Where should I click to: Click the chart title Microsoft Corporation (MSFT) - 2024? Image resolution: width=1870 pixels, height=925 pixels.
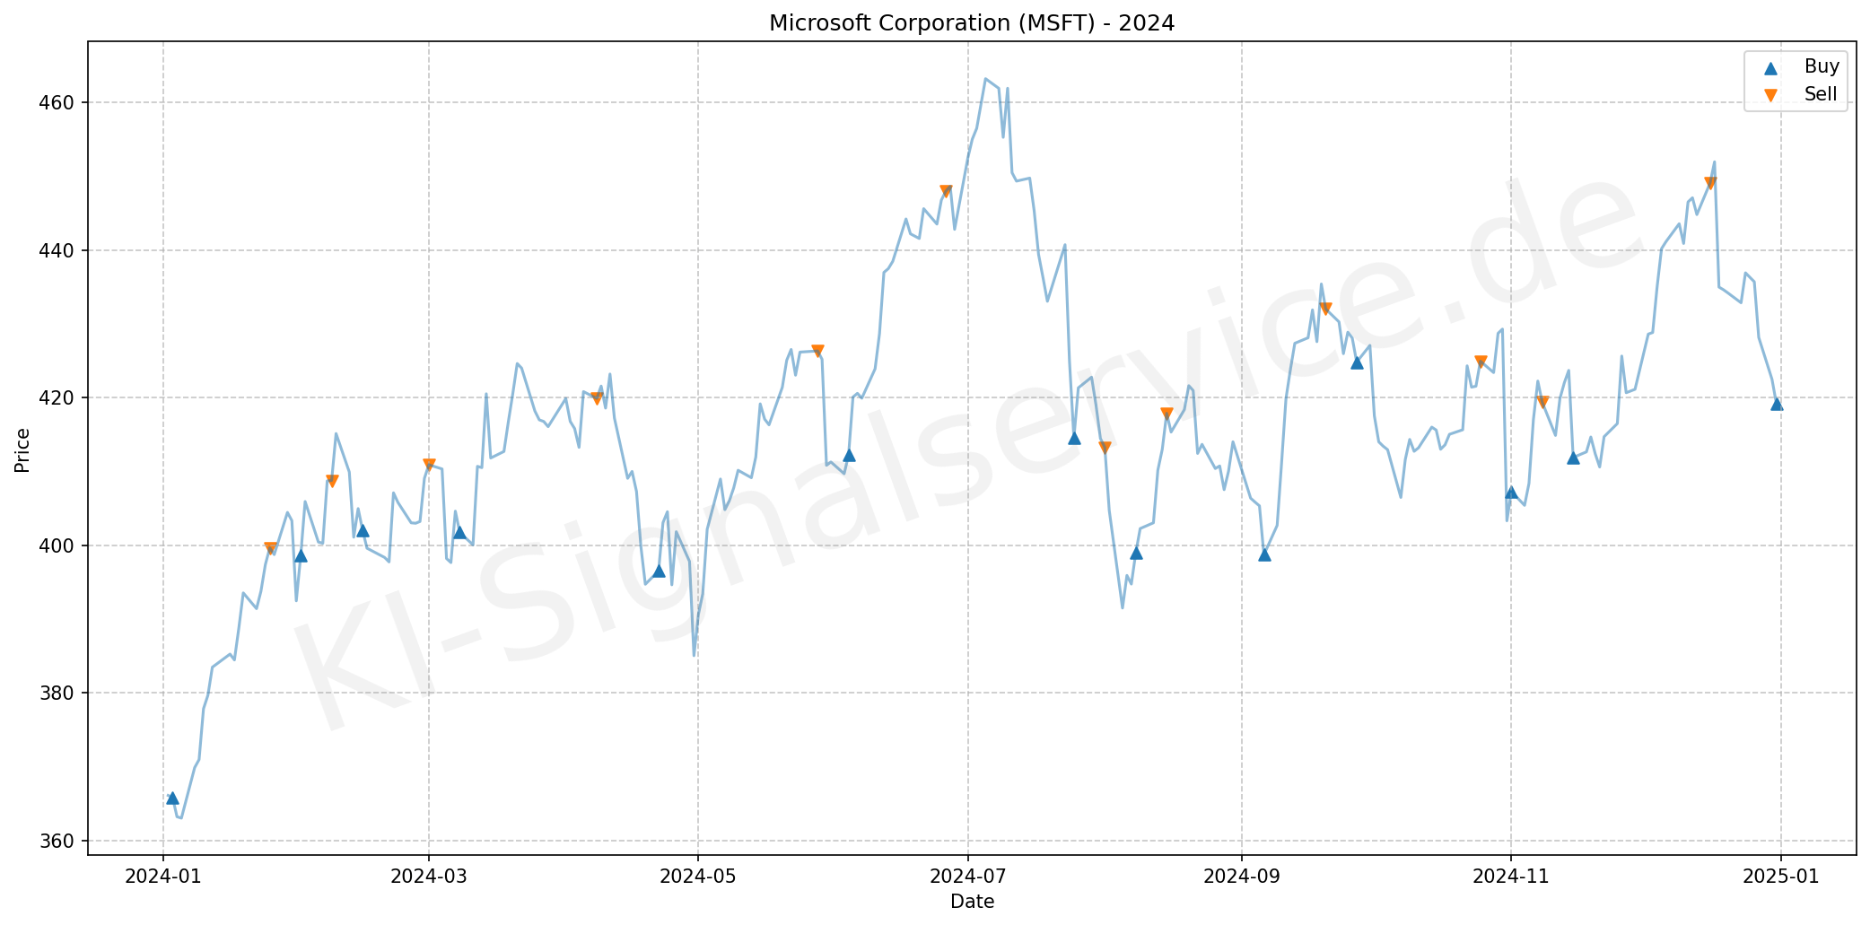(x=972, y=23)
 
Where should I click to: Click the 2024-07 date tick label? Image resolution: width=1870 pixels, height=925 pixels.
(x=968, y=877)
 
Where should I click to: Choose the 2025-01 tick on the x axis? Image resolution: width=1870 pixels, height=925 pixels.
(x=1781, y=877)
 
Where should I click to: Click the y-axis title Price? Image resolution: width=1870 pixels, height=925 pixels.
(x=23, y=449)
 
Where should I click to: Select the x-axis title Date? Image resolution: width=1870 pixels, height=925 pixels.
(x=972, y=902)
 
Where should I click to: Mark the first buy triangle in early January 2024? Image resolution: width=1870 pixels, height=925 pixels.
(x=172, y=798)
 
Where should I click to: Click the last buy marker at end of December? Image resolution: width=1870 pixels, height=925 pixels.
(x=1777, y=404)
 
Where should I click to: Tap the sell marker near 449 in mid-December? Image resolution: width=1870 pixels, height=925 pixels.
(x=1709, y=183)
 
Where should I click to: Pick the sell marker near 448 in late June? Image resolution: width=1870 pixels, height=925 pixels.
(x=945, y=191)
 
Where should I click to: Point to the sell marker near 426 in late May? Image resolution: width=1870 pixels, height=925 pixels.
(x=817, y=351)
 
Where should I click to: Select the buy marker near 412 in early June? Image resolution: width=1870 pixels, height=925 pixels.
(x=849, y=455)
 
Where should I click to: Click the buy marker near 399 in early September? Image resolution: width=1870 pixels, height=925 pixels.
(x=1264, y=554)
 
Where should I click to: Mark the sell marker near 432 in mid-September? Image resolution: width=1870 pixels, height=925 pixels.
(x=1325, y=309)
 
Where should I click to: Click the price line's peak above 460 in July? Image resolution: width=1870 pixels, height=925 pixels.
(x=985, y=79)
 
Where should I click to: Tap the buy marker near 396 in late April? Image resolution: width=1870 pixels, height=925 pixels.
(x=659, y=571)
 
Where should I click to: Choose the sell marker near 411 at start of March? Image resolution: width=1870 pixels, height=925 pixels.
(x=429, y=465)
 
